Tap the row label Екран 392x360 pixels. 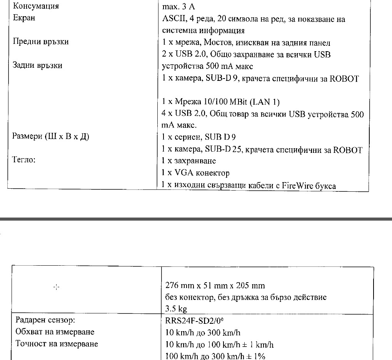24,18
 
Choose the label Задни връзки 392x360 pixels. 38,65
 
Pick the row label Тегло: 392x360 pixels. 24,160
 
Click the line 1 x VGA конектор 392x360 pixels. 195,173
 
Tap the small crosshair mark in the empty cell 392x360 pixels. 56,287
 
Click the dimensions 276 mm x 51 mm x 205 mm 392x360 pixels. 215,286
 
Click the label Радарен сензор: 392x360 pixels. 42,320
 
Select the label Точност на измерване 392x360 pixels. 56,344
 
